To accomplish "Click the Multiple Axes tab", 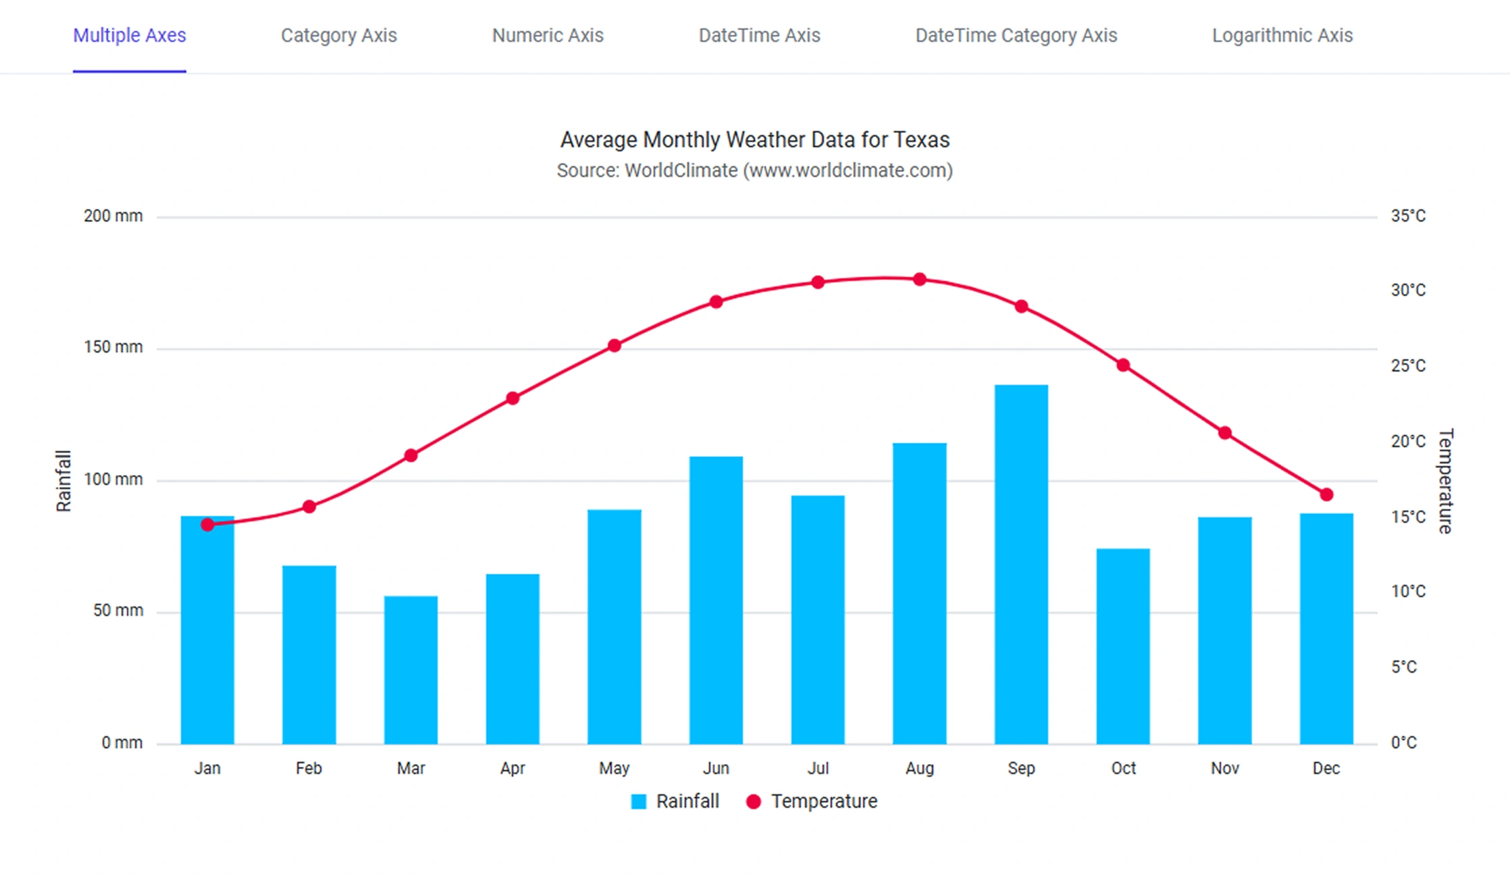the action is pos(129,35).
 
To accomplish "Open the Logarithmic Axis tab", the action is pos(1282,35).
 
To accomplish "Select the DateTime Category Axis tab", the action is pos(1016,35).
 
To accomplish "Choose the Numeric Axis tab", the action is pos(548,35).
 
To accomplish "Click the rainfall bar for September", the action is pos(1021,565).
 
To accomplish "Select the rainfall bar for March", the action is pos(411,670).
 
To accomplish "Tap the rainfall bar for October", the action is pos(1123,646).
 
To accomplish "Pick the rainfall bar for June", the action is pos(716,600).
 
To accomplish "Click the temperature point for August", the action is pos(920,280).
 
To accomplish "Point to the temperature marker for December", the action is pos(1326,494).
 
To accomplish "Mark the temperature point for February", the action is pos(309,507).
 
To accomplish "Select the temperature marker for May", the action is pos(615,346).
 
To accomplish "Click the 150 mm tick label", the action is pos(113,347).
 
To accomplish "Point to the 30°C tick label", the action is pos(1408,290).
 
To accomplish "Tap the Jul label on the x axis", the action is pos(818,769).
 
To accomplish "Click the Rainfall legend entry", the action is pos(675,802).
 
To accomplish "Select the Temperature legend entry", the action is pos(811,802).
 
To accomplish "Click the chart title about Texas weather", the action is pos(755,140).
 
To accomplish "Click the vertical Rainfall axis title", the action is pos(63,481).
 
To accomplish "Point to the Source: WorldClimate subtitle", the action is pos(755,170).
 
